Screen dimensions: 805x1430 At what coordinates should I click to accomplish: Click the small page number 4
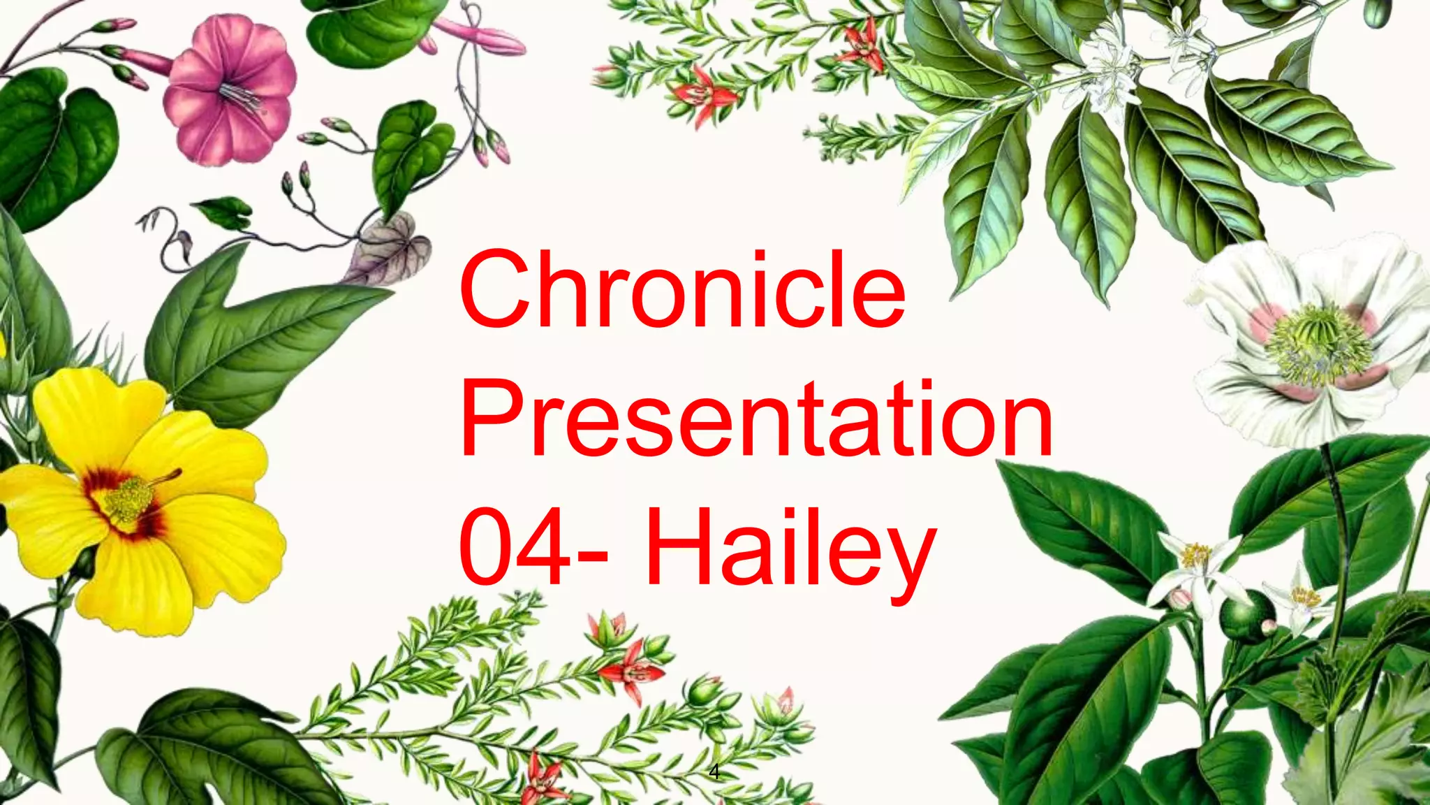click(x=714, y=772)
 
